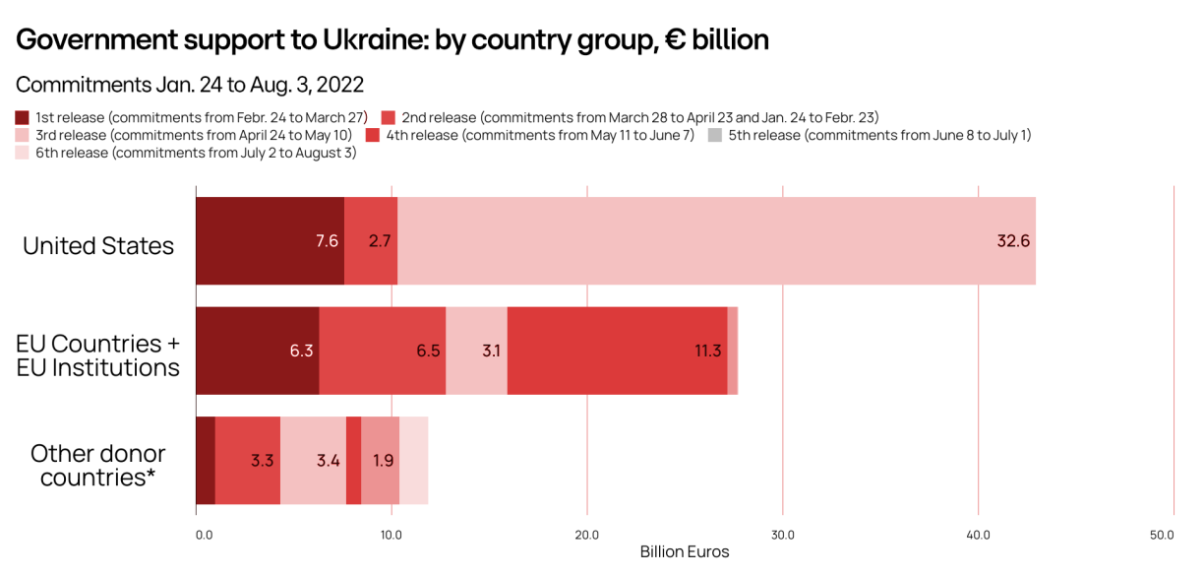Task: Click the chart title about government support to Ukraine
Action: tap(392, 39)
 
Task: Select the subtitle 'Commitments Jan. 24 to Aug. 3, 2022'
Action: tap(190, 85)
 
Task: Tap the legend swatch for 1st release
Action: tap(23, 117)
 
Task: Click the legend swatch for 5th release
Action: tap(715, 135)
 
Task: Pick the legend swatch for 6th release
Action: tap(23, 153)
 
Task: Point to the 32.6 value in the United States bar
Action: tap(1013, 241)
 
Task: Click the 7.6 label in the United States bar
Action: tap(327, 241)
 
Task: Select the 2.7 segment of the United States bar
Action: tap(371, 241)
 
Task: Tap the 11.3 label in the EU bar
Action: tap(708, 351)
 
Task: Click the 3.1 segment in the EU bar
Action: tap(477, 351)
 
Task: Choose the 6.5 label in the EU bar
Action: tap(428, 351)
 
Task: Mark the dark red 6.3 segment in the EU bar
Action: tap(258, 351)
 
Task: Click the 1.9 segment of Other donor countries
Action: tap(381, 460)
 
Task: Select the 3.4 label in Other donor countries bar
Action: tap(328, 460)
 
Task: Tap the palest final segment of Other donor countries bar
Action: tap(414, 460)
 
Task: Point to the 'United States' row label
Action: tap(98, 245)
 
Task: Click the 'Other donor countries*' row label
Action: tap(98, 466)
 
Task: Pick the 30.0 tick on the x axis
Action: tap(782, 535)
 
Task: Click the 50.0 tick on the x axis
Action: tap(1163, 535)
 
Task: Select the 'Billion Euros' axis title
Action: tap(685, 551)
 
